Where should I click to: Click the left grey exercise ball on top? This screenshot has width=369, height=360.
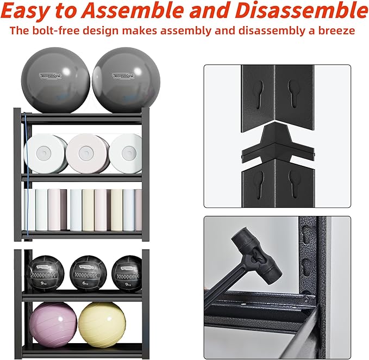coord(55,79)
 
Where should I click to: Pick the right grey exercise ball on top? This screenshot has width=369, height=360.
coord(119,79)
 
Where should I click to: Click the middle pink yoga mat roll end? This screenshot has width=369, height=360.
coord(85,154)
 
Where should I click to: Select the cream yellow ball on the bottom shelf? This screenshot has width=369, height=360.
coord(101,322)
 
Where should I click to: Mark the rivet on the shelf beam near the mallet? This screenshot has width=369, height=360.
coord(307,300)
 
